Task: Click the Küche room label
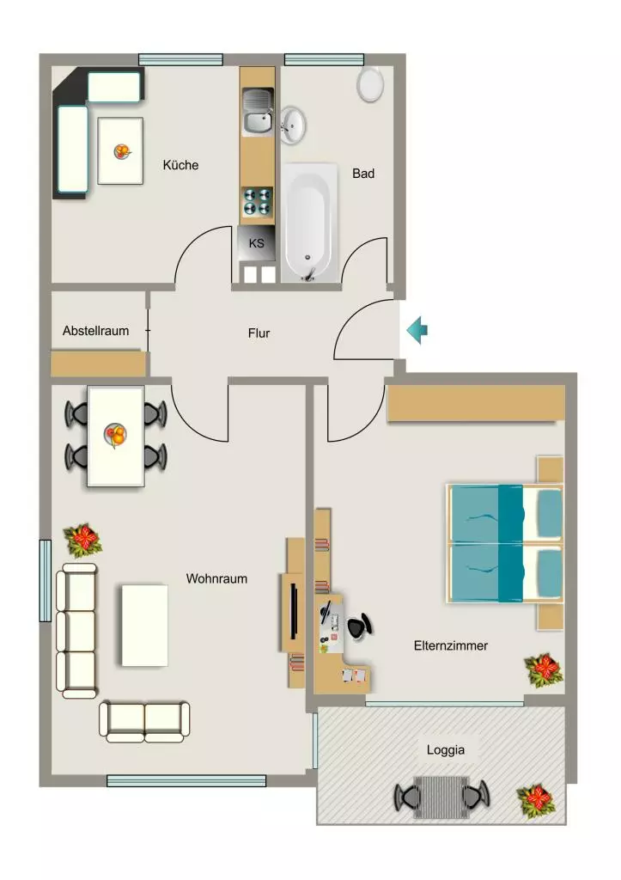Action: tap(180, 165)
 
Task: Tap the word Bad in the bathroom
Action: tap(363, 174)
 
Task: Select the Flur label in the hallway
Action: tap(259, 333)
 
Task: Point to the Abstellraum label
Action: tap(96, 331)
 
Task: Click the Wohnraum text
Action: tap(216, 578)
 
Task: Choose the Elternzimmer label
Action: tap(450, 646)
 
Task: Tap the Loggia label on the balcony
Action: tap(446, 749)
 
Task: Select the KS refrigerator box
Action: tap(256, 243)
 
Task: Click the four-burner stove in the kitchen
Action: tap(258, 202)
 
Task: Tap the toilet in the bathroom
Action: tap(370, 85)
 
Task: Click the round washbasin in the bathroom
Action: tap(292, 125)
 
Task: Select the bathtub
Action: tap(309, 223)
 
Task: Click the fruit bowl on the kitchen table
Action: tap(122, 151)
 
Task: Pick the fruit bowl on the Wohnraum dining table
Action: tap(116, 435)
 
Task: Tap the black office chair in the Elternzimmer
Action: tap(359, 626)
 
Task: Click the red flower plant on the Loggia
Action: tap(536, 801)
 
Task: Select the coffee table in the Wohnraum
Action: tap(145, 626)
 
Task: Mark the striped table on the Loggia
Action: tap(441, 797)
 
